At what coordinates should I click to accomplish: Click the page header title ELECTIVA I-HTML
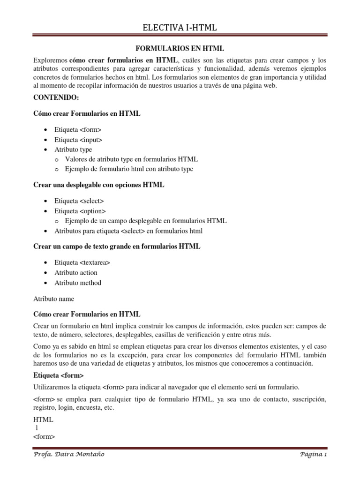[x=180, y=28]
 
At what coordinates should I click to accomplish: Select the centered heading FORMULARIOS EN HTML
[x=180, y=49]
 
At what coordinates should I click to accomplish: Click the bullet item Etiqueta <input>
[x=78, y=140]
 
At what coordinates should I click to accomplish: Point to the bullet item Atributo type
[x=73, y=150]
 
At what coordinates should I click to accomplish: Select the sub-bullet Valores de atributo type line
[x=131, y=159]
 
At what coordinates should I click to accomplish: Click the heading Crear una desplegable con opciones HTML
[x=99, y=185]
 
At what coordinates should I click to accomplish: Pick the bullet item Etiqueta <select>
[x=79, y=201]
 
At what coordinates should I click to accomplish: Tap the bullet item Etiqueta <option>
[x=80, y=211]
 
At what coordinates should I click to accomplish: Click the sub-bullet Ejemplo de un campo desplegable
[x=146, y=221]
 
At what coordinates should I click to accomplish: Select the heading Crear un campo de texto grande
[x=117, y=246]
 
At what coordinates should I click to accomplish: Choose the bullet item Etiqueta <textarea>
[x=82, y=262]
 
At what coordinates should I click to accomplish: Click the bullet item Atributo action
[x=76, y=272]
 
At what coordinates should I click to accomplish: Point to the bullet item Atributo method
[x=78, y=283]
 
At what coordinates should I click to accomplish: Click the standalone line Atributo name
[x=54, y=299]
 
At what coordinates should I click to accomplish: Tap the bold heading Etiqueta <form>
[x=59, y=375]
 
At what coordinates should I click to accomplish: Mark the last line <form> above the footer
[x=44, y=436]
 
